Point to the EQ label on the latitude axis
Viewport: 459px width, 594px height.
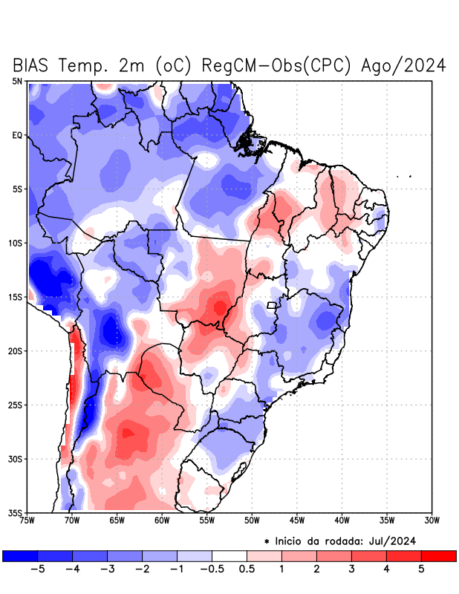coord(17,135)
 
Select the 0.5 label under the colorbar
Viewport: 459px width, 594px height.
coord(247,569)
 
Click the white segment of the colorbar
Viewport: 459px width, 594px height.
coord(229,556)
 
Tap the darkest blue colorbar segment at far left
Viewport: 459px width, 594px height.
coord(20,556)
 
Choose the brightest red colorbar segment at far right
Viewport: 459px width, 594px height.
coord(438,556)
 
